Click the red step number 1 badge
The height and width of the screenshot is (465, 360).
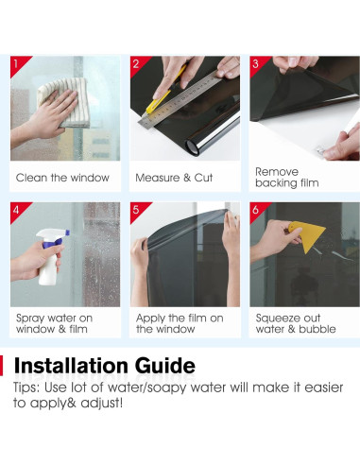coord(17,63)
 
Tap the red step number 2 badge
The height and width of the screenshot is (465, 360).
coord(137,63)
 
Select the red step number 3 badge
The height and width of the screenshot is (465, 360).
coord(257,63)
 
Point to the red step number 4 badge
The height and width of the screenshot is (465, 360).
coord(17,210)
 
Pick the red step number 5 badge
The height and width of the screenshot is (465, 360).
coord(137,210)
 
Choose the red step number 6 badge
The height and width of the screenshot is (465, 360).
coord(257,210)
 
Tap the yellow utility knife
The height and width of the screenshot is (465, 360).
coord(163,93)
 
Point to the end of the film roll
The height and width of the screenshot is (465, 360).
coord(193,146)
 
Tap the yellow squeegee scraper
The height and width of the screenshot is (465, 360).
coord(306,234)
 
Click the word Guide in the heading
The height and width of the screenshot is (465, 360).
coord(165,366)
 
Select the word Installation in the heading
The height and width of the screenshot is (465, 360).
coord(71,366)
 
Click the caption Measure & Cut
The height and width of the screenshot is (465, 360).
coord(174,178)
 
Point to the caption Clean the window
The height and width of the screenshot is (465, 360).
coord(62,178)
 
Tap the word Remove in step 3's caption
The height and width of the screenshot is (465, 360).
coord(277,172)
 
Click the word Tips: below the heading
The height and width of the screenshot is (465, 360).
coord(26,387)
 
